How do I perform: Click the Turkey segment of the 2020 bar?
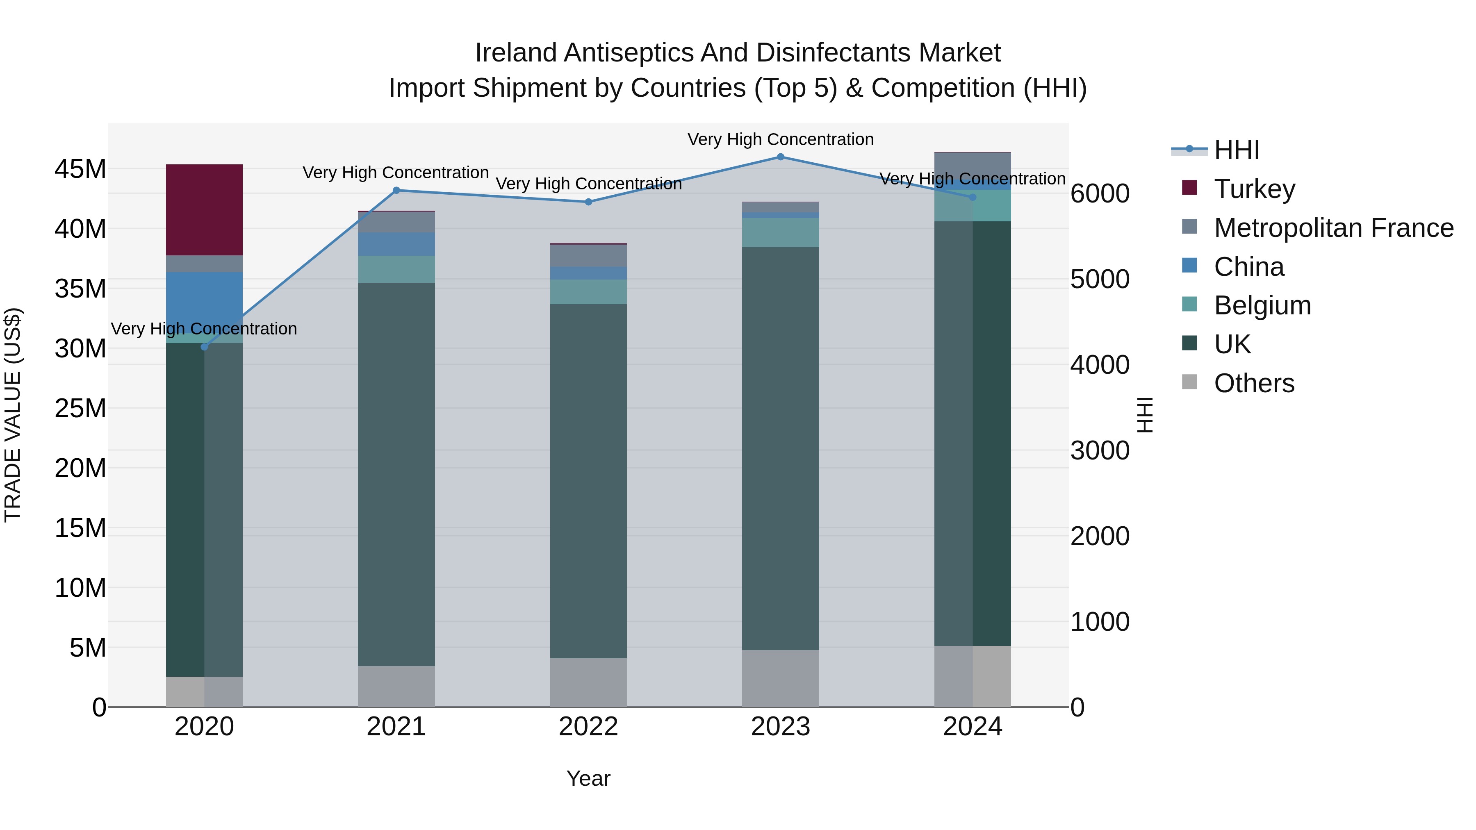coord(204,209)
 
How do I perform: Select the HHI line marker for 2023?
coord(780,157)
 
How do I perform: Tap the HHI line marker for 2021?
coord(396,190)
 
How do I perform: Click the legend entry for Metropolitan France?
coord(1333,227)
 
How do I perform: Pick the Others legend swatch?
coord(1189,382)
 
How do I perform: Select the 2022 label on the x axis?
coord(588,727)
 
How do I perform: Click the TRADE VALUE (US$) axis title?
coord(13,415)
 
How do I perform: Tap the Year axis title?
coord(588,778)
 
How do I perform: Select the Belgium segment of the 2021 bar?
coord(396,269)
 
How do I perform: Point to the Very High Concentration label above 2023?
coord(780,139)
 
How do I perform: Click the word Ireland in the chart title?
coord(516,53)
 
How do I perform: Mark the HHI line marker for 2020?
coord(204,346)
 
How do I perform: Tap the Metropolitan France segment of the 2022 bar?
coord(588,255)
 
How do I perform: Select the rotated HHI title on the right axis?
coord(1144,415)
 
